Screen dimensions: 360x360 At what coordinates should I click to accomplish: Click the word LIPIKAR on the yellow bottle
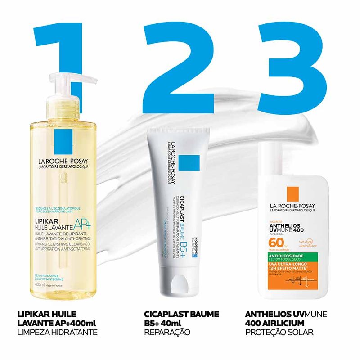(x=49, y=221)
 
